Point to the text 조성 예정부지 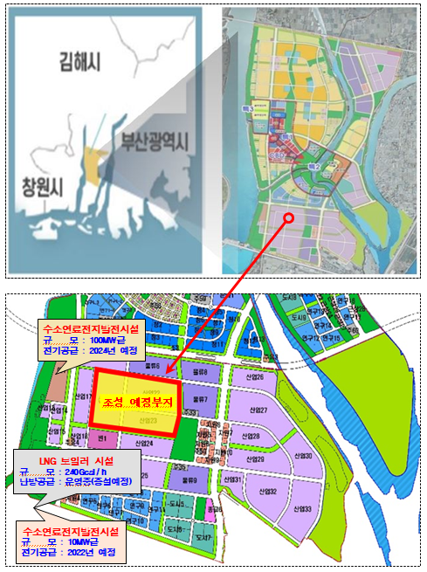pyautogui.click(x=134, y=401)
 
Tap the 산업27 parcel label pyautogui.click(x=257, y=410)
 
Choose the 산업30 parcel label pyautogui.click(x=302, y=456)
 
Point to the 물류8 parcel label pyautogui.click(x=201, y=371)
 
